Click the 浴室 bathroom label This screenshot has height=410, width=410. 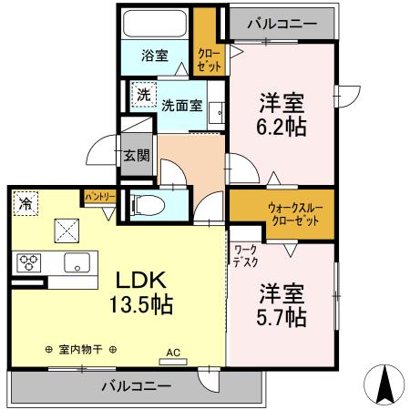click(154, 56)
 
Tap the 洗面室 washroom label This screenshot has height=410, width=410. click(182, 104)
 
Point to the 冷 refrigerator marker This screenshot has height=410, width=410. click(24, 202)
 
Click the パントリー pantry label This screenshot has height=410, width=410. click(99, 196)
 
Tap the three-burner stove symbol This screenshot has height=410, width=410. click(27, 263)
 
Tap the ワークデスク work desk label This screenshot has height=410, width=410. click(245, 255)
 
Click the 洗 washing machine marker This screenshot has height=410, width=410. click(143, 93)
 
